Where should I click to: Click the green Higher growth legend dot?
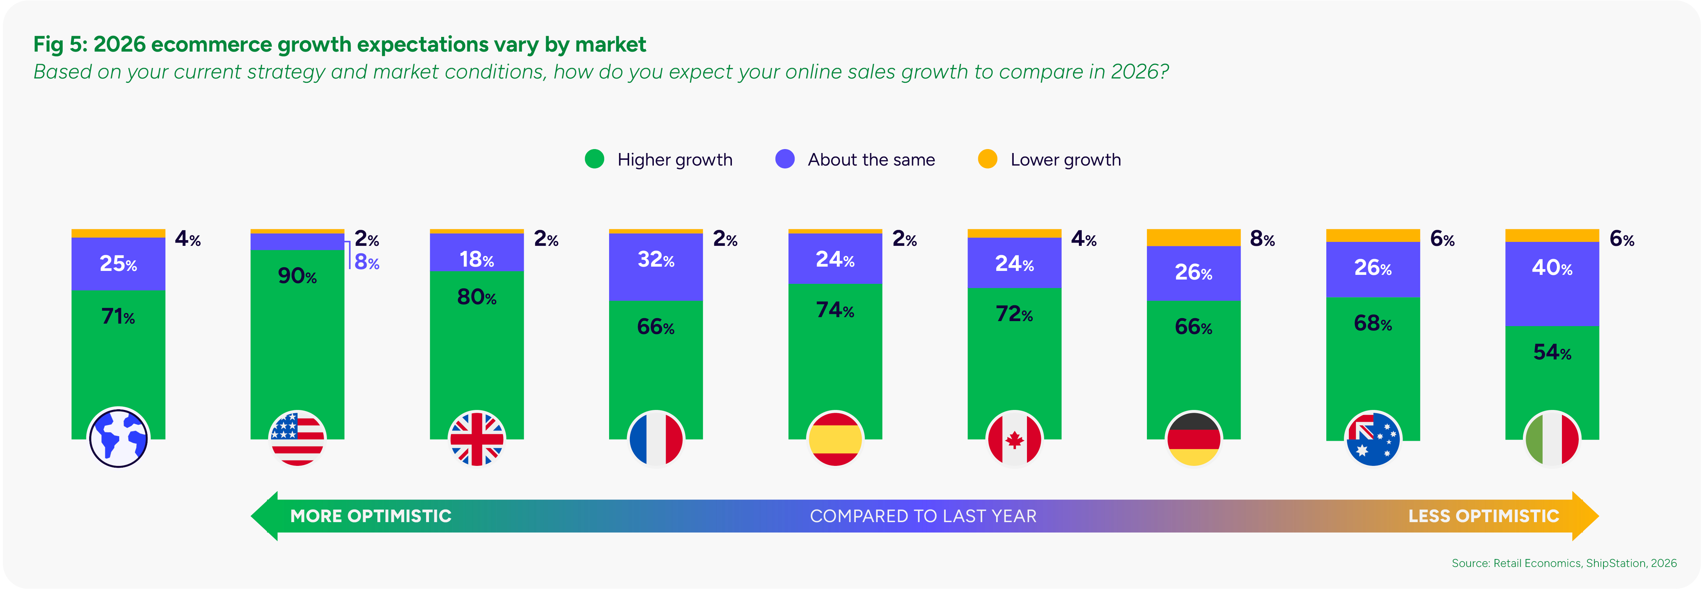pos(594,159)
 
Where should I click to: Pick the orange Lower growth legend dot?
pos(987,159)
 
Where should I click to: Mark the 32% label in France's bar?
pos(656,259)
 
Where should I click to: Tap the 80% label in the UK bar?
pos(477,297)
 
